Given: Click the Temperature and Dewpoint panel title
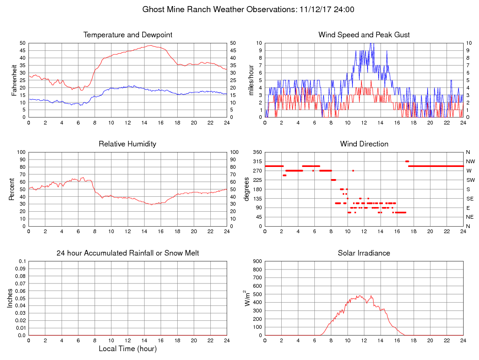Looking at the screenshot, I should click(128, 35).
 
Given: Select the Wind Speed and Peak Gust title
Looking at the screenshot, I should click(364, 35).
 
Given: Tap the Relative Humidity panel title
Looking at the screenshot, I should click(127, 144).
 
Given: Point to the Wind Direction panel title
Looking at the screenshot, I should click(364, 144).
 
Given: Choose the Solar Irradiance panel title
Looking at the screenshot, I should click(364, 253).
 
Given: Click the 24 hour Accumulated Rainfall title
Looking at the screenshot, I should click(128, 253).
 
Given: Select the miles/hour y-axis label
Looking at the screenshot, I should click(251, 80).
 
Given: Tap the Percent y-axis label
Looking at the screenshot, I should click(12, 189).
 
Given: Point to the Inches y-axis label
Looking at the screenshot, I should click(10, 298).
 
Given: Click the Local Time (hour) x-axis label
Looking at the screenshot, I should click(128, 348).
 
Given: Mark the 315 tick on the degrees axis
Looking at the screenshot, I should click(257, 161).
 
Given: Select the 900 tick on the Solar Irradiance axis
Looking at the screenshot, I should click(257, 262).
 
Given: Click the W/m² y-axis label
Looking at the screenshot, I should click(248, 298).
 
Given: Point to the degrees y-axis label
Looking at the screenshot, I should click(247, 189).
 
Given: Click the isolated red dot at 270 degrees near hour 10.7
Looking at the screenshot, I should click(353, 171).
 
